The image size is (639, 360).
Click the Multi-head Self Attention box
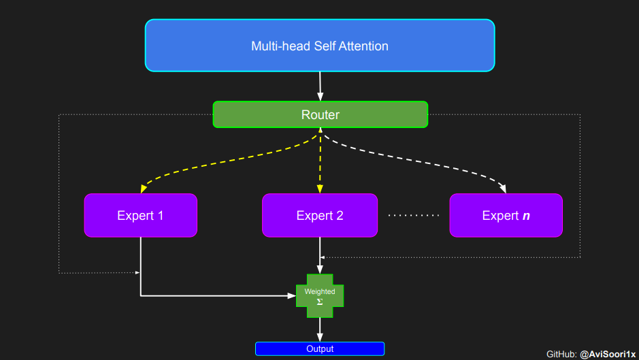tap(320, 46)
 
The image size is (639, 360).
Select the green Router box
tap(320, 114)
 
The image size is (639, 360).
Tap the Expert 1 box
tap(140, 215)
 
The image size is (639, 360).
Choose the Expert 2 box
tap(320, 215)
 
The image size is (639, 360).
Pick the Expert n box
tap(506, 215)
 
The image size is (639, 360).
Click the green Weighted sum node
tap(320, 296)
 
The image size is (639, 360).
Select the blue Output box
tap(320, 348)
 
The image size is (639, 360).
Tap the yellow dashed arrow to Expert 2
tap(320, 163)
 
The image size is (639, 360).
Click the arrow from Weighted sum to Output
tap(320, 329)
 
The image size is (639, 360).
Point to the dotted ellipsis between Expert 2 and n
tap(414, 216)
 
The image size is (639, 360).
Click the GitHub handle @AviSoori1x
tap(608, 354)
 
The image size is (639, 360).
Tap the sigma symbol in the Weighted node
tap(320, 301)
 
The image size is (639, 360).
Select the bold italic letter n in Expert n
tap(526, 216)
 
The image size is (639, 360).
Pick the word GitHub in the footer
tap(561, 354)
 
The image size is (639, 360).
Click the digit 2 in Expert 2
tap(339, 216)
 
